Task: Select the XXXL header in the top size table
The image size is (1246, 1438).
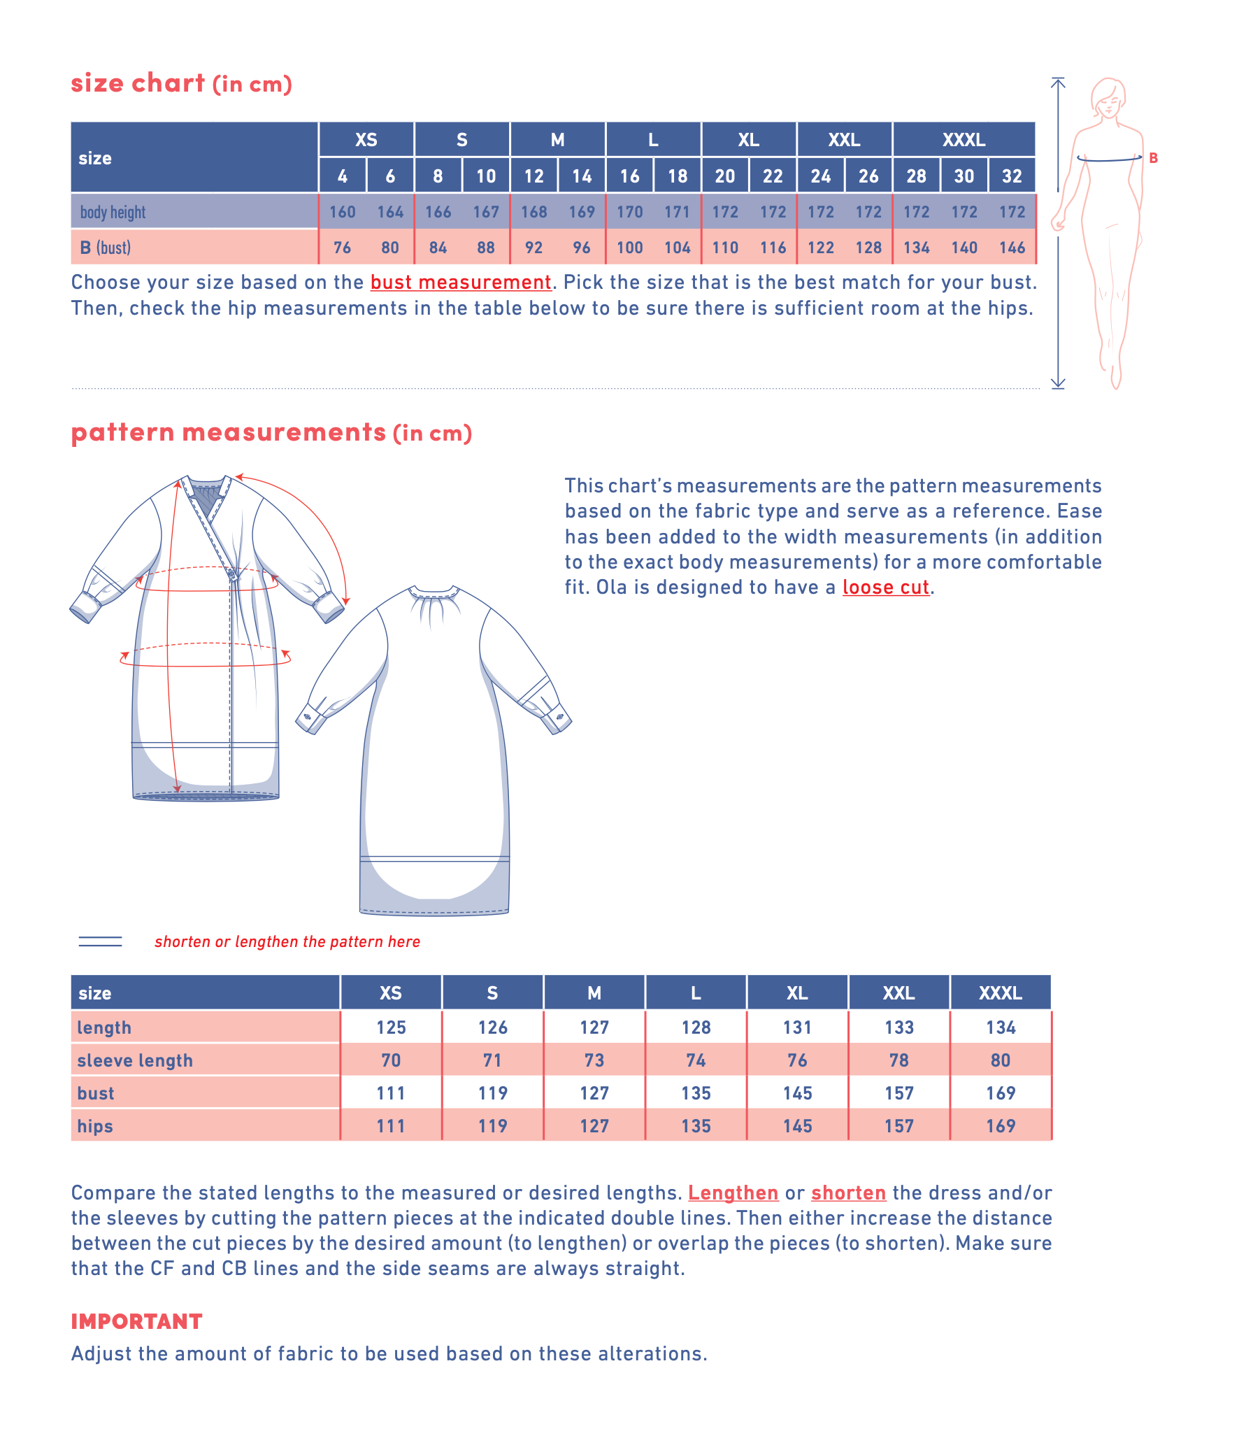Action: pos(964,140)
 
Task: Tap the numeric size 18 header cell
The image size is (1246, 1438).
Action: pos(677,176)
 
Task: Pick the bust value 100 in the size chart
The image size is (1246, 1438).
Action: pos(629,248)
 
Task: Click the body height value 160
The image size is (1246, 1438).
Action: pos(342,212)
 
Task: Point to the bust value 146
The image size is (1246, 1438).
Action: pos(1012,248)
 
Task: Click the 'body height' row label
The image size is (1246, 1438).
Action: pos(113,212)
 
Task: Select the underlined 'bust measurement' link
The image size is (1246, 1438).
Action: pos(460,283)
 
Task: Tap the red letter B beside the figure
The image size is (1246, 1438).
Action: pos(1153,158)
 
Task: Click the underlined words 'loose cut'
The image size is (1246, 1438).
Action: pos(885,588)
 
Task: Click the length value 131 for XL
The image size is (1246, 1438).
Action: pos(797,1027)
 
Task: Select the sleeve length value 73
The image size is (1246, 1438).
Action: pos(594,1060)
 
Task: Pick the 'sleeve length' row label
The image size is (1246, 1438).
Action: pos(135,1060)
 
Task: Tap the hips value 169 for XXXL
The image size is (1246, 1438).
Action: pos(1001,1126)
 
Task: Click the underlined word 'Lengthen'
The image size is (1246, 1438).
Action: pos(733,1193)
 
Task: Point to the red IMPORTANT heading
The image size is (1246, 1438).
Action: pos(136,1321)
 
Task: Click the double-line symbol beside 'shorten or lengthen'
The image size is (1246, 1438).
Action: pos(100,941)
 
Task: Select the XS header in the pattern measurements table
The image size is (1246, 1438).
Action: pos(390,993)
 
